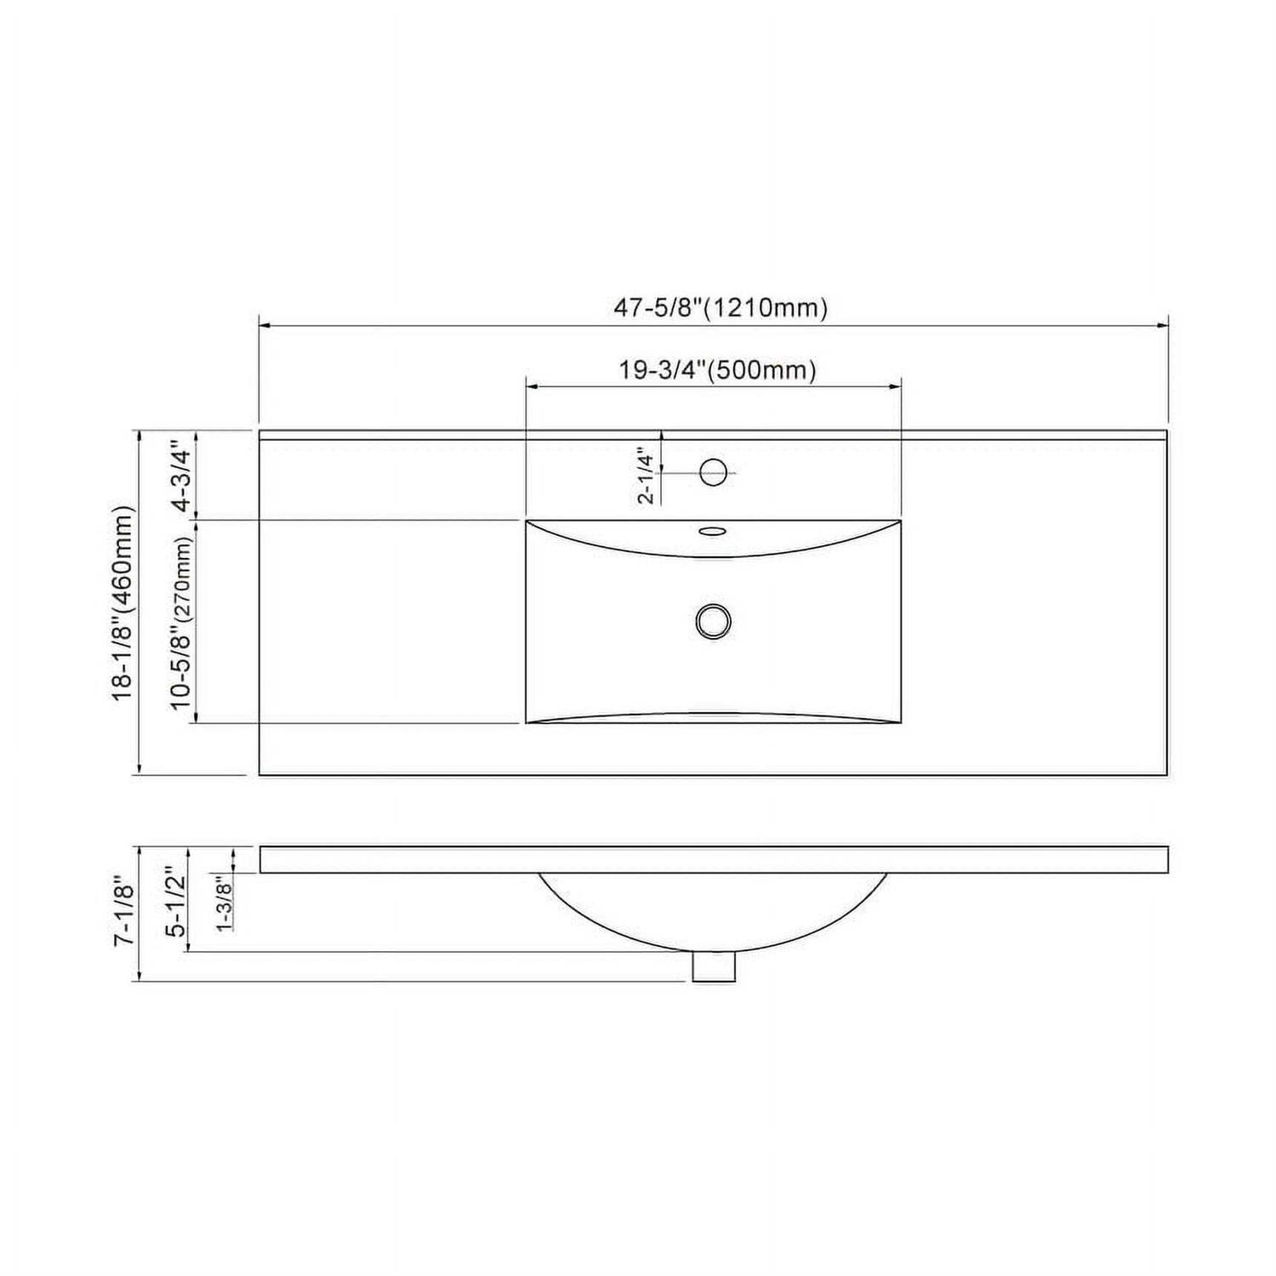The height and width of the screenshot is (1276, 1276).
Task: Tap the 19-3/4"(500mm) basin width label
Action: tap(717, 370)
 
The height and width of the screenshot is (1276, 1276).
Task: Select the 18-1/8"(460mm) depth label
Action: tap(124, 603)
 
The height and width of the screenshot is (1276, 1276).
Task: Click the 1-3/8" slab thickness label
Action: tap(225, 903)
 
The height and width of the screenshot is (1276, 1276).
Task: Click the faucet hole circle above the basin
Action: tap(713, 471)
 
